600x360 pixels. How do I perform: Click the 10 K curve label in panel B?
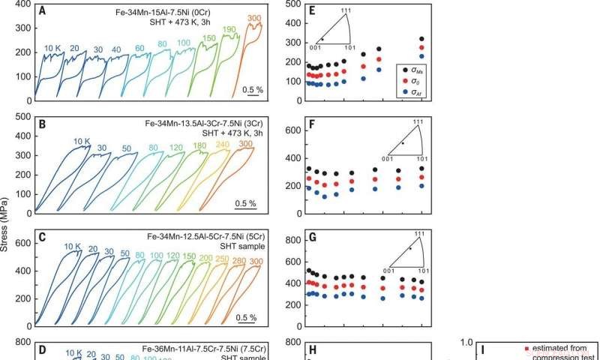coord(82,141)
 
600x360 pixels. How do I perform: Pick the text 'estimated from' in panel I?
coord(554,348)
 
